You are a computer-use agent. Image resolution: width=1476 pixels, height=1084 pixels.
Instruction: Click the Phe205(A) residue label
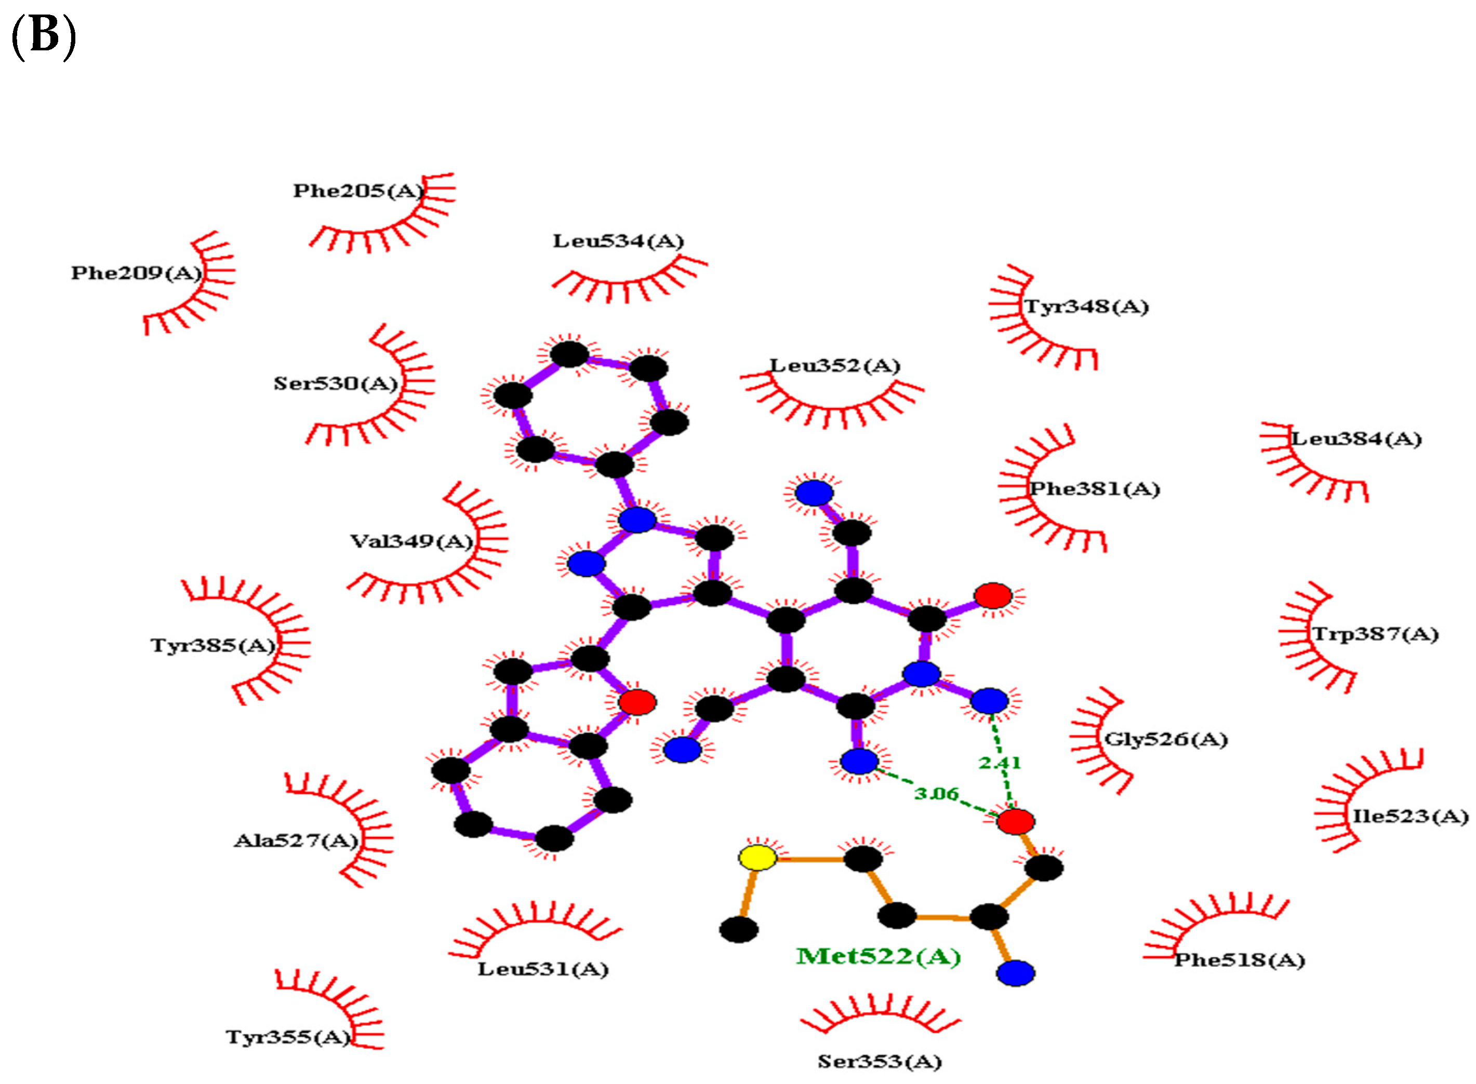point(358,191)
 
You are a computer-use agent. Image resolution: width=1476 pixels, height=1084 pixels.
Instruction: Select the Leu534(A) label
point(618,241)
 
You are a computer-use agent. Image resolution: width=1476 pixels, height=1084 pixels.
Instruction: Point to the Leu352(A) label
point(834,365)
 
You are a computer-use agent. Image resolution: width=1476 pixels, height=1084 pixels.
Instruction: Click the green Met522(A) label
point(878,956)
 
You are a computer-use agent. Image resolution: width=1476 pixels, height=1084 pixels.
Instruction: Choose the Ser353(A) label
point(879,1061)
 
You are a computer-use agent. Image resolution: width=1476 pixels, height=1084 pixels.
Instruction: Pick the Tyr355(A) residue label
point(288,1037)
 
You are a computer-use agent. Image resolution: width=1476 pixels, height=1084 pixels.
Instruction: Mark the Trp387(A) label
point(1374,634)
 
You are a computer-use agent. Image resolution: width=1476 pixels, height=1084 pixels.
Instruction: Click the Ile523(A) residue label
point(1409,816)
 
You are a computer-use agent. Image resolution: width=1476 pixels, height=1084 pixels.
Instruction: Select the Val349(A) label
point(411,541)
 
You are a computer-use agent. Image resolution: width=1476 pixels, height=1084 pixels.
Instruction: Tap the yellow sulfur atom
point(757,858)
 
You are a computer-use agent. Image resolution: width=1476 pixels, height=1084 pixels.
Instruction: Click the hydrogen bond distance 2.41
point(999,763)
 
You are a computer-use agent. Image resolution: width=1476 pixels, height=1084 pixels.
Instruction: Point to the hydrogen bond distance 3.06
point(936,793)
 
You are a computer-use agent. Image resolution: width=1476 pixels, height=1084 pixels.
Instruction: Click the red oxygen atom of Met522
point(1015,821)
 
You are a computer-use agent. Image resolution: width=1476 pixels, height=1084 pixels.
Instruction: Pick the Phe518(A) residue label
point(1239,960)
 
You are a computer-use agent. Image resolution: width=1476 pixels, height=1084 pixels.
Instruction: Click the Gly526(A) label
point(1165,739)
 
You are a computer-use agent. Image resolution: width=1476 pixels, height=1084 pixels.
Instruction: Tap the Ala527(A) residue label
point(296,841)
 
